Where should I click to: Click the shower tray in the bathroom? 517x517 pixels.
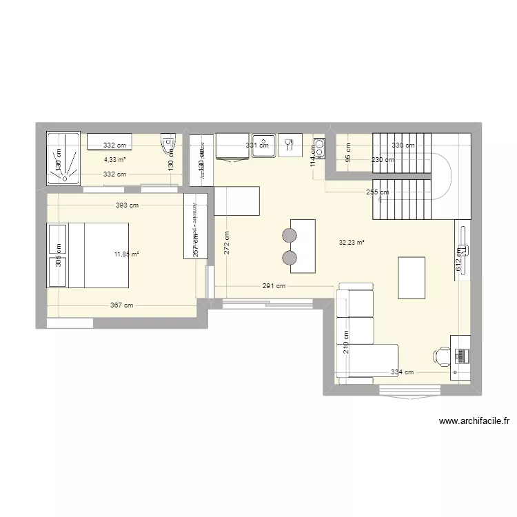pos(63,159)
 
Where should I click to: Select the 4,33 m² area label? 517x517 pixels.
pos(115,160)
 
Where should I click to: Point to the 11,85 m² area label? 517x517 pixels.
pos(127,254)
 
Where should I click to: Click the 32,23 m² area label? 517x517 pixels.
pos(352,242)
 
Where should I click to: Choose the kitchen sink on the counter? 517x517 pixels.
pos(264,145)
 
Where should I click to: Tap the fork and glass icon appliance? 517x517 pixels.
pos(290,145)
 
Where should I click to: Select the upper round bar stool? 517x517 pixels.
pos(289,236)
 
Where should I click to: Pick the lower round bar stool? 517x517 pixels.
pos(289,258)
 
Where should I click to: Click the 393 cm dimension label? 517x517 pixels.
pos(127,205)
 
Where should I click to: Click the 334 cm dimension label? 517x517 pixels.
pos(402,373)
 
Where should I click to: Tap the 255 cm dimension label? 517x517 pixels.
pos(378,192)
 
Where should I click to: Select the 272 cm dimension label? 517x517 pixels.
pos(227,243)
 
